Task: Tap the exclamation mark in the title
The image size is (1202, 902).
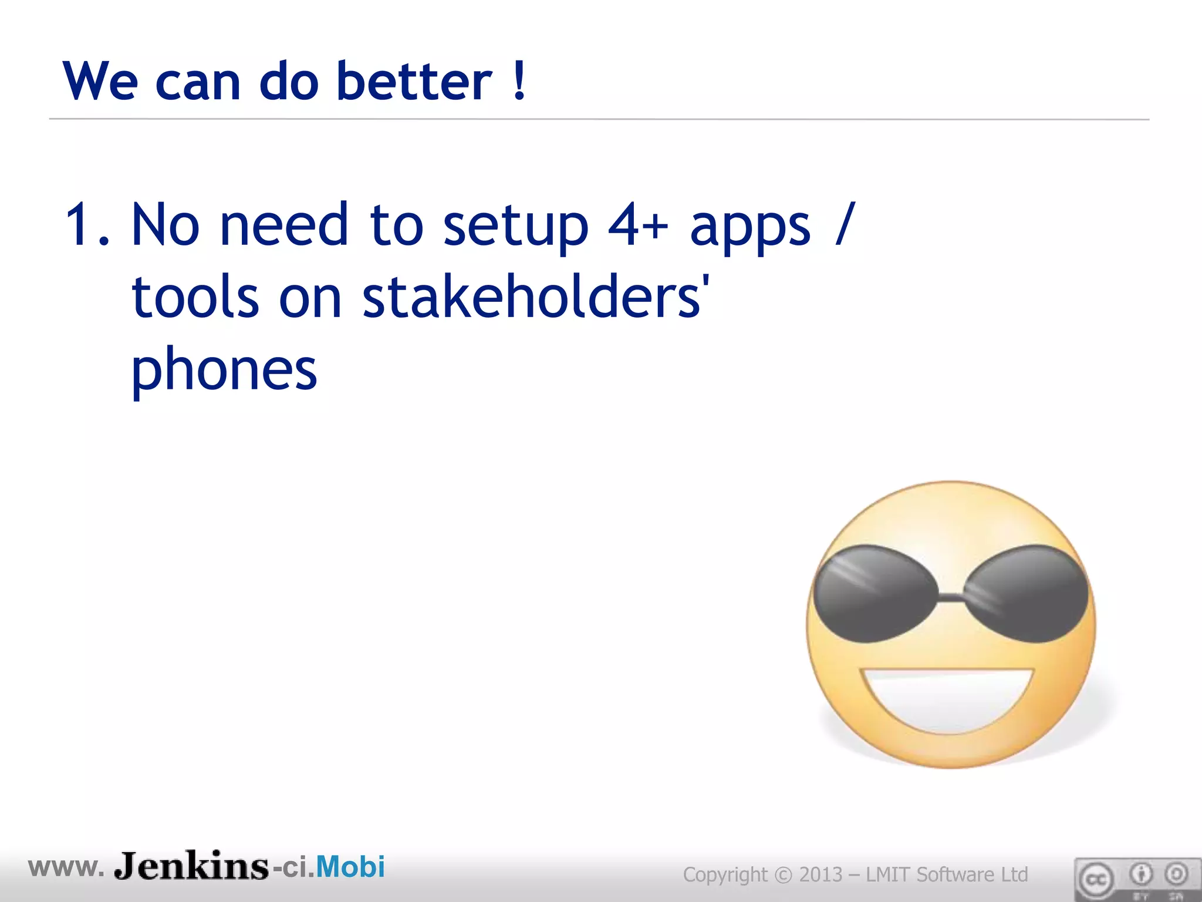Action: [x=519, y=81]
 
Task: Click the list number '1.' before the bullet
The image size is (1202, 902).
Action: [x=87, y=224]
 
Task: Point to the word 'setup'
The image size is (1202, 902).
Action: [x=515, y=227]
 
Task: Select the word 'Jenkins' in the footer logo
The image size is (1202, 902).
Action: [x=191, y=866]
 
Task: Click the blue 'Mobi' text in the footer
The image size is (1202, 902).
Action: [x=350, y=867]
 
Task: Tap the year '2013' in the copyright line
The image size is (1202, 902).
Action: [x=821, y=874]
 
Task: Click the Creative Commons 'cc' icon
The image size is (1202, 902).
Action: [x=1095, y=879]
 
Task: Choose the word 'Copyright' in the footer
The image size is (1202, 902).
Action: [x=725, y=874]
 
